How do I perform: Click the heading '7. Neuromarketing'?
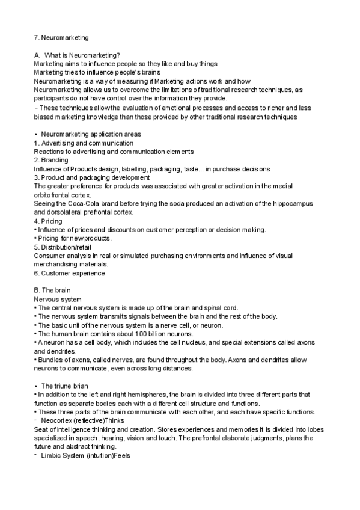[x=61, y=38]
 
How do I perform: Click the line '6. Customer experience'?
[x=69, y=273]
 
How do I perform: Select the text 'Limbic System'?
[x=63, y=456]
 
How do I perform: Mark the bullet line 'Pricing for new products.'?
[x=76, y=239]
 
